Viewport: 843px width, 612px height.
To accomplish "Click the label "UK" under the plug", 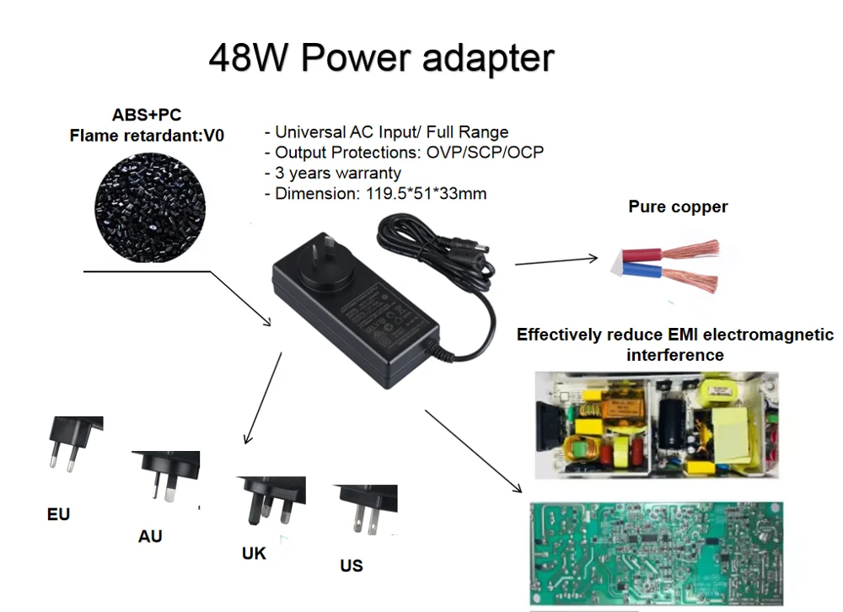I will tap(254, 553).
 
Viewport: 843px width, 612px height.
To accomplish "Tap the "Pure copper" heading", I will tap(678, 207).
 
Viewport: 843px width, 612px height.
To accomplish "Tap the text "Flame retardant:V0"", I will tap(147, 135).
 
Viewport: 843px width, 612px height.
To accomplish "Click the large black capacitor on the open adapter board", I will tap(672, 421).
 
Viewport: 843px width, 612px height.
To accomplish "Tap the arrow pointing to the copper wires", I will tap(556, 261).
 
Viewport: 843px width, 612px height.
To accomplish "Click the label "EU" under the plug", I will tap(58, 514).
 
